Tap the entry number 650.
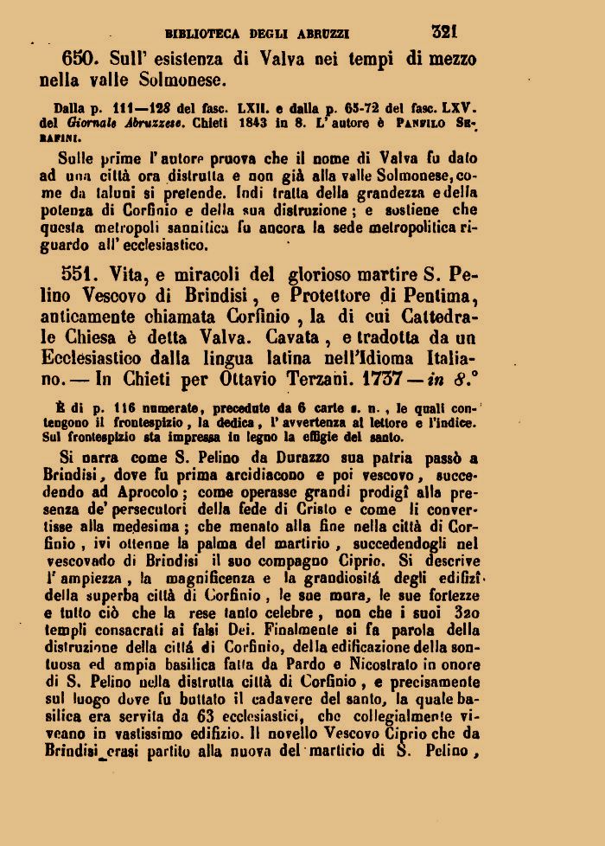pyautogui.click(x=84, y=59)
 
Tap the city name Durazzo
pyautogui.click(x=236, y=458)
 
